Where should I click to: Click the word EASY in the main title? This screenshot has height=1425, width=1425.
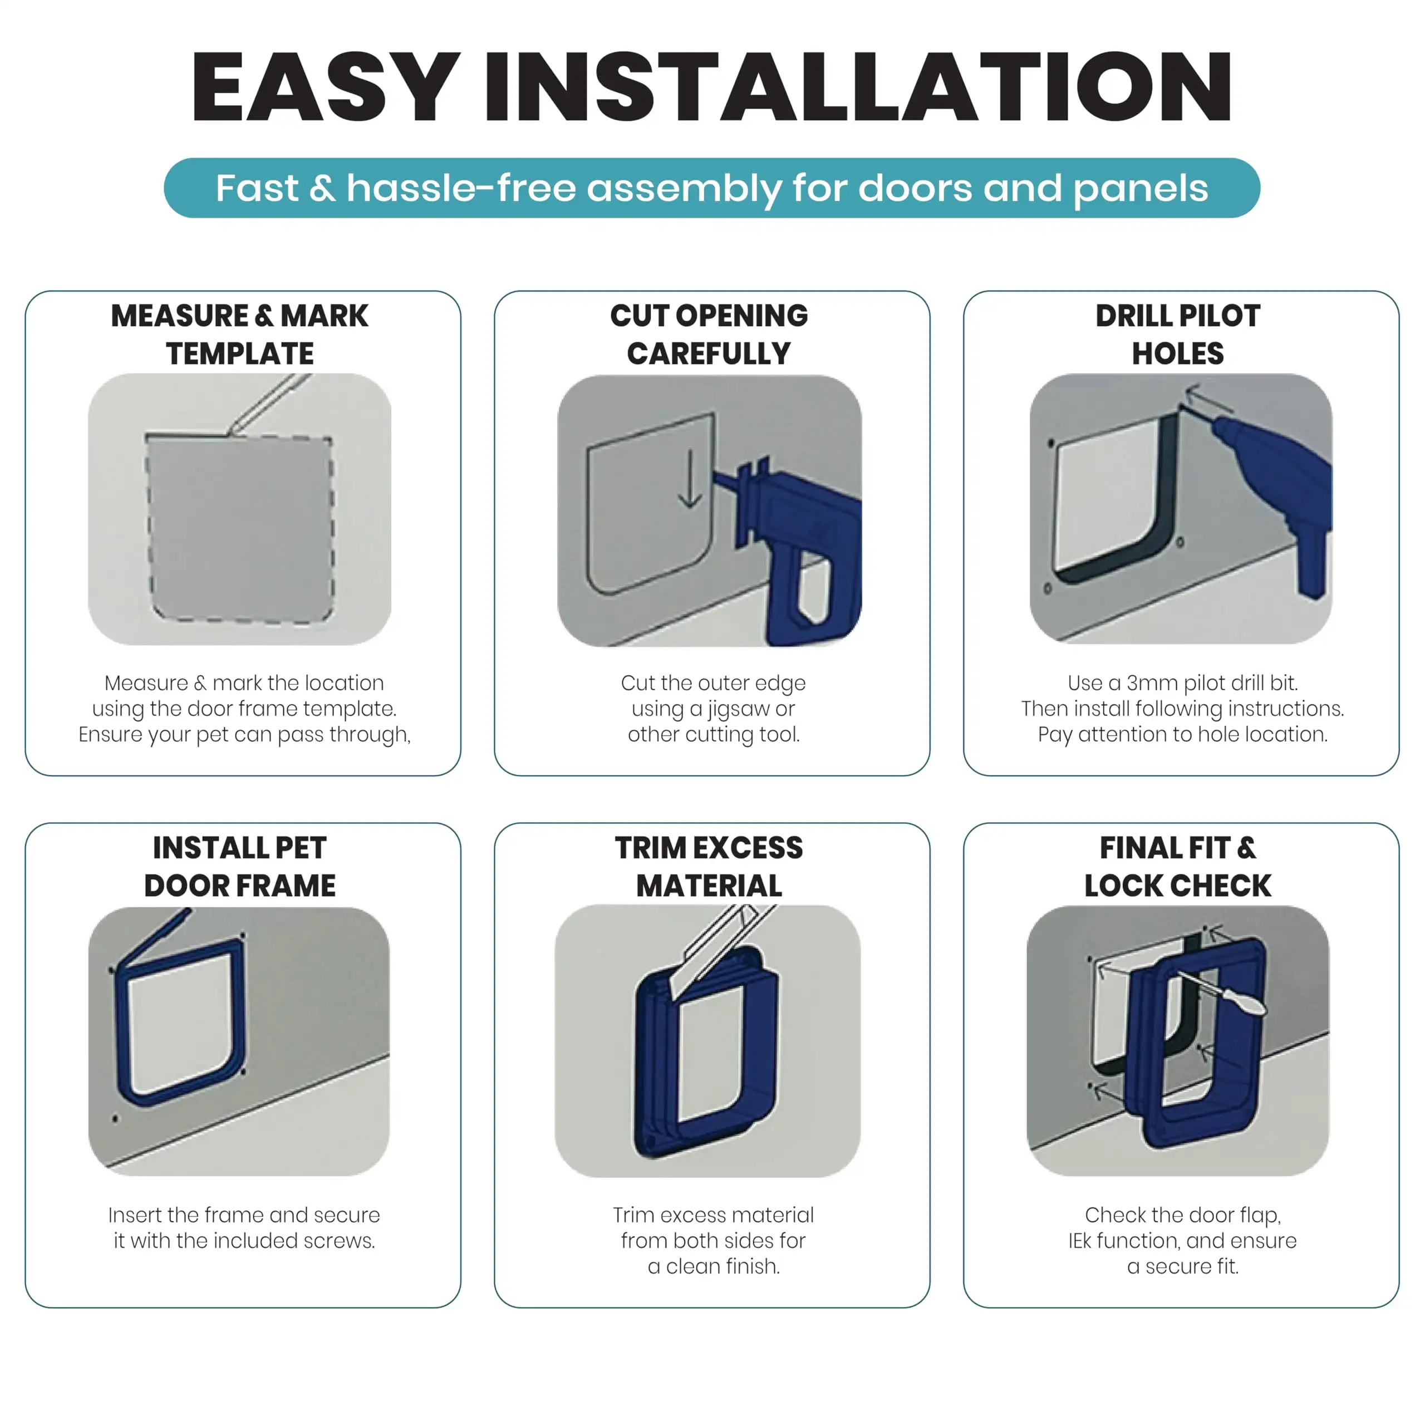pos(325,87)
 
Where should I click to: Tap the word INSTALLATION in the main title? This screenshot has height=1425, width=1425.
pos(858,87)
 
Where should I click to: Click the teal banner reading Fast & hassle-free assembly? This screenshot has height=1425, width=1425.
pos(712,188)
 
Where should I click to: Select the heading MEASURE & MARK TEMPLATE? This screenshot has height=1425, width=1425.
pos(240,334)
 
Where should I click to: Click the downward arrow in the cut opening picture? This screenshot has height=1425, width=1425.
pos(690,479)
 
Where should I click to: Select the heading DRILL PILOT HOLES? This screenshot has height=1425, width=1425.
pos(1178,334)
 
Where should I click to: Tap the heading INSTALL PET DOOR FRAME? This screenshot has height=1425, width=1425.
pos(240,866)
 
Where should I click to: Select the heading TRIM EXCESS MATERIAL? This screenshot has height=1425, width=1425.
pos(709,866)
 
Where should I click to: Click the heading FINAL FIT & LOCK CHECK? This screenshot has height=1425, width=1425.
pos(1178,866)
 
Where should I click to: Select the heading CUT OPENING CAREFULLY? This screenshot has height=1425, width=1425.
pos(709,334)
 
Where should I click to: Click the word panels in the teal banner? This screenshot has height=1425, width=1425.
pos(1141,189)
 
